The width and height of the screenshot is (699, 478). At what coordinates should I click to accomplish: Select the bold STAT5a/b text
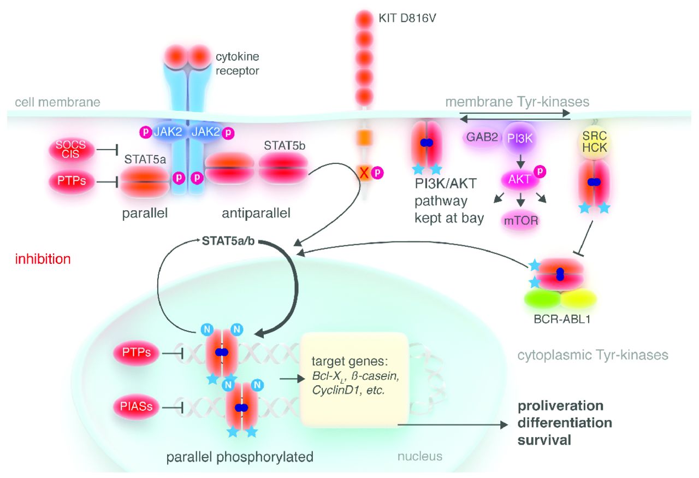pos(229,240)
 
